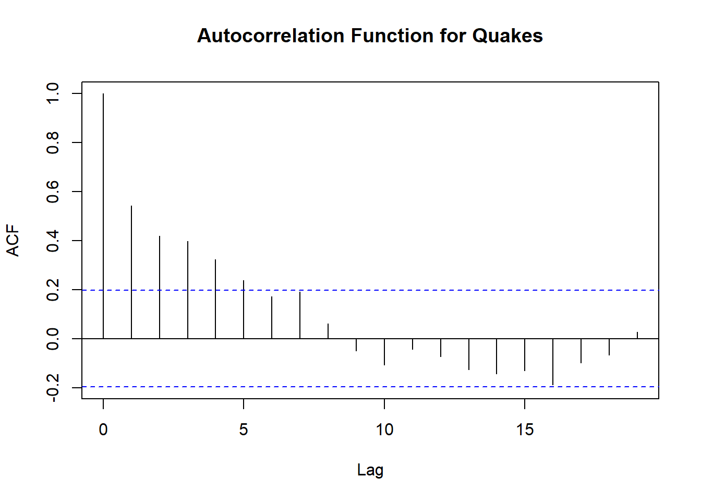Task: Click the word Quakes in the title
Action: (x=507, y=35)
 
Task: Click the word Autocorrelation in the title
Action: (x=271, y=35)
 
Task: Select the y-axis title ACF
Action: (x=13, y=241)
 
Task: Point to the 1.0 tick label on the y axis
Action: (x=52, y=93)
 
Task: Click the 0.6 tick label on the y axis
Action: (x=52, y=192)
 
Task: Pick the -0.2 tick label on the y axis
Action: (x=52, y=388)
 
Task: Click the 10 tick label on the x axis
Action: (x=384, y=430)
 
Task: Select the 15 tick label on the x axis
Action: (x=525, y=430)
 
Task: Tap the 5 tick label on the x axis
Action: (x=244, y=430)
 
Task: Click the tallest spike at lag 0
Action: (x=103, y=216)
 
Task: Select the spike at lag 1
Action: (x=131, y=272)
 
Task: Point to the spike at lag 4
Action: (x=215, y=299)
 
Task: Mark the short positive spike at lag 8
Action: (x=328, y=331)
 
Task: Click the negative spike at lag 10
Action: (x=384, y=352)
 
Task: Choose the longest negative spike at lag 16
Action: (x=553, y=362)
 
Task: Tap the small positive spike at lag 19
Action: (x=637, y=336)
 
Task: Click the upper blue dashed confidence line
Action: (x=370, y=290)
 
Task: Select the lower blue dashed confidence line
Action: (x=370, y=387)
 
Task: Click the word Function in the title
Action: (x=392, y=35)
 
